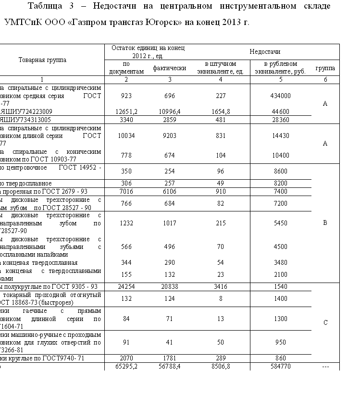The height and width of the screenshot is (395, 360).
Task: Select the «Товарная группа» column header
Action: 42,60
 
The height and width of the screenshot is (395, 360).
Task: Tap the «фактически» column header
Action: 170,68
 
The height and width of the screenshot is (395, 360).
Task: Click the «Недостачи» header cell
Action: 265,51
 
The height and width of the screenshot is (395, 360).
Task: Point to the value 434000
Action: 281,96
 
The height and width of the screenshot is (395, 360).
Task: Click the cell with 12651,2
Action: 127,111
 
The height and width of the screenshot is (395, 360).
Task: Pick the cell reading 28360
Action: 281,119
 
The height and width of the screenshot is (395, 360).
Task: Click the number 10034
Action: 127,136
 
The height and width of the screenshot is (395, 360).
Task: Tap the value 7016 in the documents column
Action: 127,191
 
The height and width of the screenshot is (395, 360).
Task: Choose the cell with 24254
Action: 127,286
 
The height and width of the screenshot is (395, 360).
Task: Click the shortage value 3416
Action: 221,286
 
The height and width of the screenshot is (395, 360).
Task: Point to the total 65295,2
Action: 127,366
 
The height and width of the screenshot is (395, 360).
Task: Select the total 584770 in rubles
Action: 281,366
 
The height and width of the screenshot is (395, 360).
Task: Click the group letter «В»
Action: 325,223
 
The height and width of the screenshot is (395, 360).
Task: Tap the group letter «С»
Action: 325,322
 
